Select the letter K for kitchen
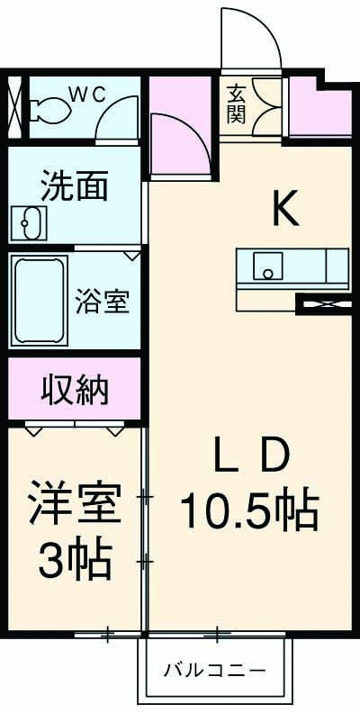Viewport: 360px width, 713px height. pos(284,210)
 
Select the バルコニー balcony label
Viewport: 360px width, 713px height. pos(214,671)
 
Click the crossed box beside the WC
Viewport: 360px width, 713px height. pos(15,106)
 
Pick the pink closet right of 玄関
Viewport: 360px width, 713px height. pos(319,111)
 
